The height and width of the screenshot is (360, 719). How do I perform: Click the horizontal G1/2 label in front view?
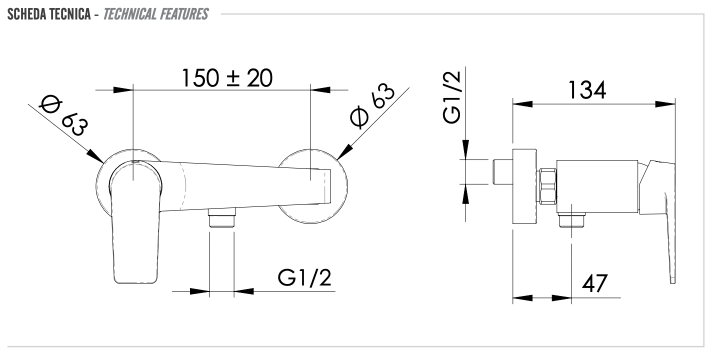click(305, 278)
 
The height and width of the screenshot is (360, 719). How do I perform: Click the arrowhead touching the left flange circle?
click(95, 156)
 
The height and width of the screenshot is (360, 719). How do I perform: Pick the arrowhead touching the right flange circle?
click(345, 152)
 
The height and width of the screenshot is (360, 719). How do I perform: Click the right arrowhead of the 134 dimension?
click(665, 104)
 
